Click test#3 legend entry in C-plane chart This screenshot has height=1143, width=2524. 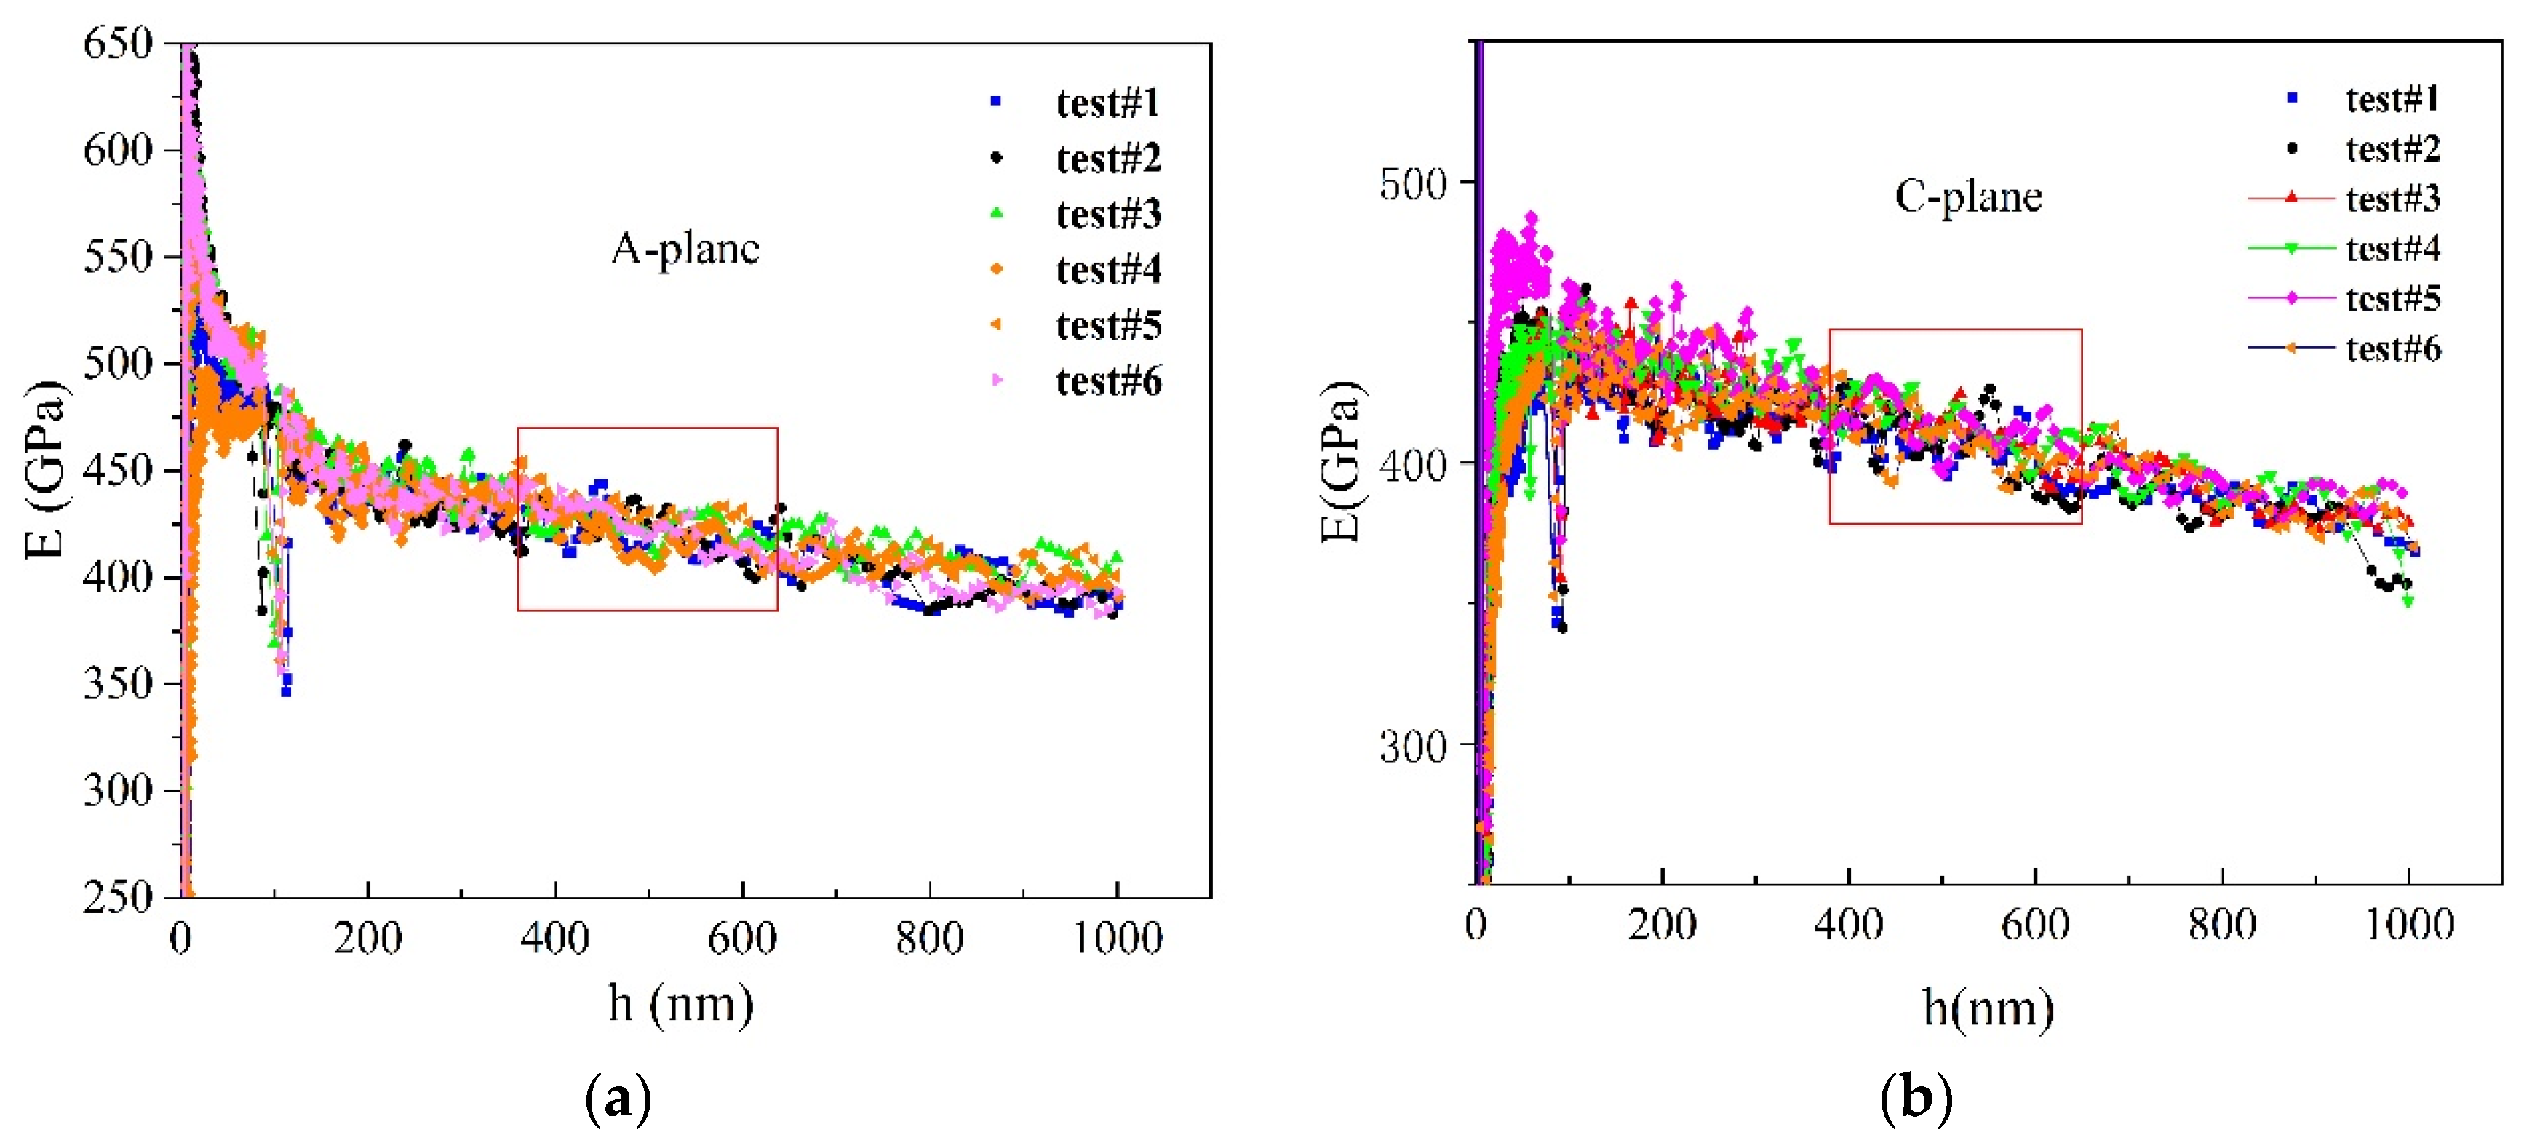(x=2392, y=199)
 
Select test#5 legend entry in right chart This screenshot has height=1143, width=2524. (x=2392, y=299)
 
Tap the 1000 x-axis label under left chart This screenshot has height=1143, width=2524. (x=1117, y=939)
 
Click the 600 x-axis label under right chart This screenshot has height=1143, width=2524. (x=2034, y=925)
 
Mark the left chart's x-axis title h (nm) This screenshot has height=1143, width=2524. (x=681, y=1004)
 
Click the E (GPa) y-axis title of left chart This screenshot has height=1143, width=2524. (x=46, y=468)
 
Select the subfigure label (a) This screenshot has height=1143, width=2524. (x=617, y=1099)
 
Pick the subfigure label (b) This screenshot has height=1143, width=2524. (x=1916, y=1099)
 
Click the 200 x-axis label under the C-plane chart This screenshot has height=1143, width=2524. (x=1662, y=925)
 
